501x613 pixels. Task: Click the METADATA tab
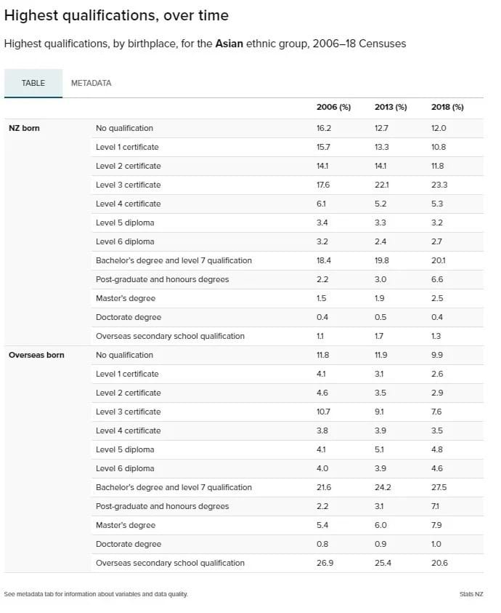(x=91, y=83)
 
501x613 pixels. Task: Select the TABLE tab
(x=33, y=83)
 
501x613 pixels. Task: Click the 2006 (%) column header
(x=333, y=107)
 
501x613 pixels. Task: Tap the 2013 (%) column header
(x=391, y=107)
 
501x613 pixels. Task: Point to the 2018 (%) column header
(x=447, y=107)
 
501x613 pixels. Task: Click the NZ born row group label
(x=24, y=128)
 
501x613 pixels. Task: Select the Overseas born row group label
(x=36, y=355)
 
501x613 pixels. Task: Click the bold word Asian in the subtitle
(x=229, y=44)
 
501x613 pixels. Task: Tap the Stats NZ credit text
(x=471, y=594)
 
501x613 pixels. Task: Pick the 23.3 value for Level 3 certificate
(x=439, y=185)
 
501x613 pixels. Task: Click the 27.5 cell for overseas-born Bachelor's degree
(x=439, y=487)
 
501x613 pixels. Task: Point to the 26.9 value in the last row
(x=325, y=563)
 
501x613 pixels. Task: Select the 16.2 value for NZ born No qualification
(x=324, y=128)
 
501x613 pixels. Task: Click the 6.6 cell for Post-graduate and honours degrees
(x=437, y=279)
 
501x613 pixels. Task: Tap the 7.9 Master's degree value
(x=436, y=525)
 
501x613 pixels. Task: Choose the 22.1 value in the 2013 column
(x=381, y=185)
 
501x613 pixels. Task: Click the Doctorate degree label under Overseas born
(x=129, y=544)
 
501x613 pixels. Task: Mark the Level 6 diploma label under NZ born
(x=125, y=241)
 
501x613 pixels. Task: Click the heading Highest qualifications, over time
(x=116, y=16)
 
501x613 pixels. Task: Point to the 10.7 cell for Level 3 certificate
(x=323, y=412)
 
